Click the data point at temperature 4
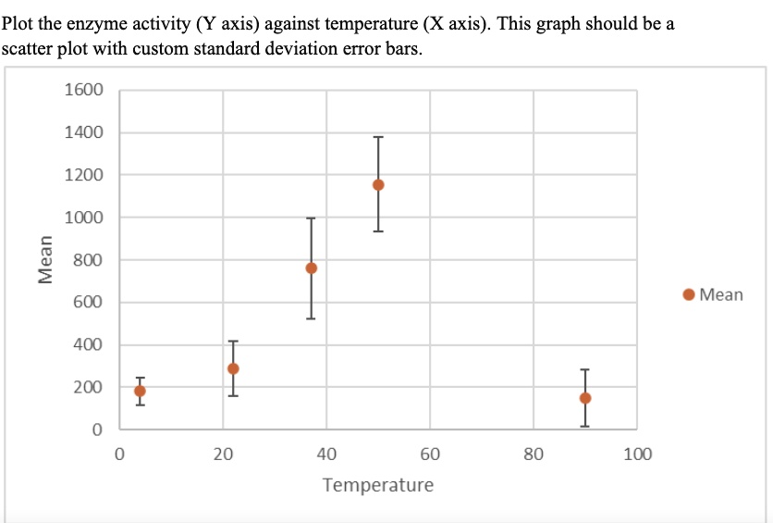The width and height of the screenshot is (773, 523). (140, 391)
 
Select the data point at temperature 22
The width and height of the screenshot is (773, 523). (233, 368)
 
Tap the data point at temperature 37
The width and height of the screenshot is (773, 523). (312, 268)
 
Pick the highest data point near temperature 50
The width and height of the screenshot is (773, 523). (378, 184)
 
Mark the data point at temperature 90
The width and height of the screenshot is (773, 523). (585, 398)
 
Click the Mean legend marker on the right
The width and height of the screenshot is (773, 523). (689, 295)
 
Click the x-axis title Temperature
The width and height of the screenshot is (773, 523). (377, 485)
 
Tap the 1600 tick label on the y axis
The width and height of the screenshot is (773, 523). (85, 91)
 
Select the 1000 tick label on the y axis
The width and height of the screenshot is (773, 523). (85, 218)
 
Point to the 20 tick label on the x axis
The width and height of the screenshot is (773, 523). (222, 455)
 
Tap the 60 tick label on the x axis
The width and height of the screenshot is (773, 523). (430, 455)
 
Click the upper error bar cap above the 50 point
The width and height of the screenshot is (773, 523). (378, 138)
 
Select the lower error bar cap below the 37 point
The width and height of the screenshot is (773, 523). (312, 318)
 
